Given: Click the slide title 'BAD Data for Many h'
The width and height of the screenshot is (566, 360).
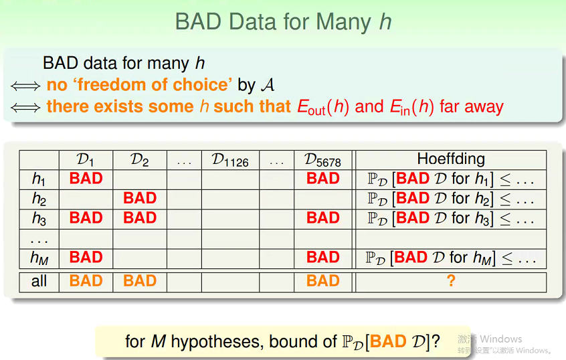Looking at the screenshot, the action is tap(284, 21).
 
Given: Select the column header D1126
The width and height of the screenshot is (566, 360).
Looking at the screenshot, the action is tap(230, 160).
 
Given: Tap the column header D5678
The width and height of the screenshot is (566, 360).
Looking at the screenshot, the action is tap(322, 160).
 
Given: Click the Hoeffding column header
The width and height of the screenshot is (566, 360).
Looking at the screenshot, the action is tap(451, 159).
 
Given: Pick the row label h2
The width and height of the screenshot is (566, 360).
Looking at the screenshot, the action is tap(39, 199).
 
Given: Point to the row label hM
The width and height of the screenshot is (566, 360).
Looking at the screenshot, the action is tap(39, 258).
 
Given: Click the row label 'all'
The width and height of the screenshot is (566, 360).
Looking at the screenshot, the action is tap(39, 281).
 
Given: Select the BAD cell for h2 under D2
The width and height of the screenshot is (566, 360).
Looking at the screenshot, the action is tap(140, 198).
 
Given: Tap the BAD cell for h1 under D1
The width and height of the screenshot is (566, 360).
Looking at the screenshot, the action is tap(86, 179).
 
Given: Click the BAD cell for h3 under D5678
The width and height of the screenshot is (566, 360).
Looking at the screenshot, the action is tap(323, 217).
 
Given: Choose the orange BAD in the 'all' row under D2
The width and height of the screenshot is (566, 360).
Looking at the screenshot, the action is tap(140, 280).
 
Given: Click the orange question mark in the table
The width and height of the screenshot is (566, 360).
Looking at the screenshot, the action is tap(451, 280).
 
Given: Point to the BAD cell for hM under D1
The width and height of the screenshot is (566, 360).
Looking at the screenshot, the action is tap(86, 257).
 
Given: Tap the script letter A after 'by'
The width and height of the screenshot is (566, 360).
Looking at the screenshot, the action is tap(268, 85).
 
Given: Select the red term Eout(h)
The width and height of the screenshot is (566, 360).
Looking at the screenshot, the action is tap(323, 107).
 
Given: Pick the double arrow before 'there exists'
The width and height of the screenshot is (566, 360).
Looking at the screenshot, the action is tap(25, 108).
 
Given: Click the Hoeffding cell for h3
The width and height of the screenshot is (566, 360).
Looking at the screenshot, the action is tap(450, 218).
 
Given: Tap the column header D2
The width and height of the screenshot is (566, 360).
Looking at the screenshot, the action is tap(140, 160).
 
